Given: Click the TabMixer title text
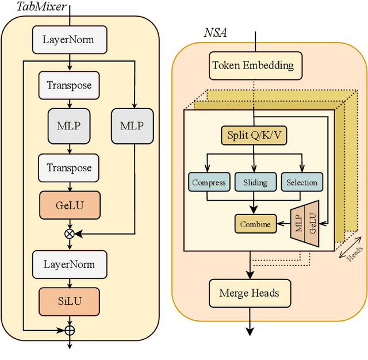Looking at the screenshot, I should (x=34, y=7).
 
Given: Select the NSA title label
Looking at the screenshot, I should (x=215, y=33).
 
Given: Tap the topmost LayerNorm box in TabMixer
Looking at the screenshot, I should (x=68, y=40).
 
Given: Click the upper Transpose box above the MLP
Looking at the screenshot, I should (x=69, y=85).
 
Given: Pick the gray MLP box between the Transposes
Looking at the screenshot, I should (x=69, y=125).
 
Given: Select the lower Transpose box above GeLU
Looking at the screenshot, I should (x=69, y=168).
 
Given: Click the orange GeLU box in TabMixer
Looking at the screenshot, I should (x=69, y=204).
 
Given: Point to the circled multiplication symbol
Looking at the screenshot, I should (x=70, y=233).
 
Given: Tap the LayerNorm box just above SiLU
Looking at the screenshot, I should (x=68, y=265).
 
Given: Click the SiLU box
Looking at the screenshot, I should (x=69, y=300).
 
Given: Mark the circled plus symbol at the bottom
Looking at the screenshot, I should (x=70, y=331).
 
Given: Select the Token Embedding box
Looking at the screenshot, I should (x=252, y=65).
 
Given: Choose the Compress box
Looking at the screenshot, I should (x=209, y=182).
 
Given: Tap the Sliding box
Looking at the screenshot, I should (x=255, y=182).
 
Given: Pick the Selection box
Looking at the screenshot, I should (x=302, y=182).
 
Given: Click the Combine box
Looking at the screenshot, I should (x=255, y=224).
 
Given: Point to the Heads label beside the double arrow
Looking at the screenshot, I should (x=354, y=252).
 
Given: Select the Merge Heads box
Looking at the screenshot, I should (x=249, y=293).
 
